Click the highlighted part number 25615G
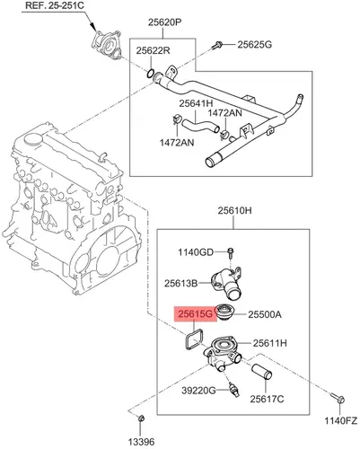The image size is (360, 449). [x=196, y=314]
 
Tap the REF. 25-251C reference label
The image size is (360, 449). [x=55, y=5]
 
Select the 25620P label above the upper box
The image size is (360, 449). [x=165, y=22]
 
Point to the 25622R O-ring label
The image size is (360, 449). [x=154, y=50]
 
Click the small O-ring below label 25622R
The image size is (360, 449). [x=151, y=73]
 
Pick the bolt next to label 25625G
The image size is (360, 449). [x=217, y=45]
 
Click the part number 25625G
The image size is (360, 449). [x=255, y=45]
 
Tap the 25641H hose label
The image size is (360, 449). [x=196, y=103]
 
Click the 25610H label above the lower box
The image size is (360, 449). [x=234, y=211]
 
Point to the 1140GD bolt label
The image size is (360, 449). [x=196, y=252]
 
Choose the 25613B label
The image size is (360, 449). [x=180, y=283]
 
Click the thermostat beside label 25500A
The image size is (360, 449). [x=224, y=312]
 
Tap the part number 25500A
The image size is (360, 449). [x=265, y=314]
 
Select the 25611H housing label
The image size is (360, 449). [x=270, y=343]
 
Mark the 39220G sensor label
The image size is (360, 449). [x=198, y=391]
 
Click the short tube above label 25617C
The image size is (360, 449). [x=261, y=372]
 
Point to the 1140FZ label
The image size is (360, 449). [x=341, y=420]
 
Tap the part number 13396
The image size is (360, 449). [x=141, y=442]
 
